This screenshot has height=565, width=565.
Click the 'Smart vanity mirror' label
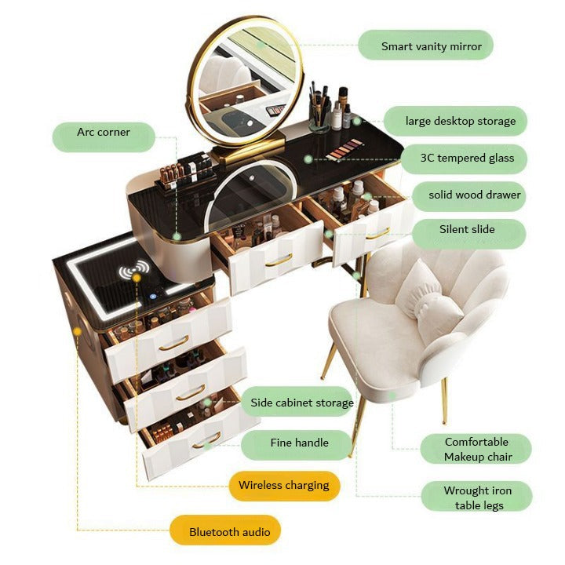click(x=425, y=46)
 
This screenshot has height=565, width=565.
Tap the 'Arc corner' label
click(x=103, y=133)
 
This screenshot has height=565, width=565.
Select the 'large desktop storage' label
click(x=460, y=121)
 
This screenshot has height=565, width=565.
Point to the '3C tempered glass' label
click(x=467, y=158)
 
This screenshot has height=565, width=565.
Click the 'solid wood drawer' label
click(x=474, y=195)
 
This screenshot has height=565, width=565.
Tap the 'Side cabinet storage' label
click(x=301, y=403)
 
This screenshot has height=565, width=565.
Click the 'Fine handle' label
click(x=299, y=443)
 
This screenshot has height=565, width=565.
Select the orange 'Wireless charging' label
click(x=283, y=485)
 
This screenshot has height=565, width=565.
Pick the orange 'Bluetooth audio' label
click(x=229, y=532)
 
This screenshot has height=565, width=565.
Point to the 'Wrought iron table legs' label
click(x=477, y=498)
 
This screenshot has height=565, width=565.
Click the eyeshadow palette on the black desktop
click(x=344, y=150)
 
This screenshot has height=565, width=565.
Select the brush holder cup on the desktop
click(x=318, y=117)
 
